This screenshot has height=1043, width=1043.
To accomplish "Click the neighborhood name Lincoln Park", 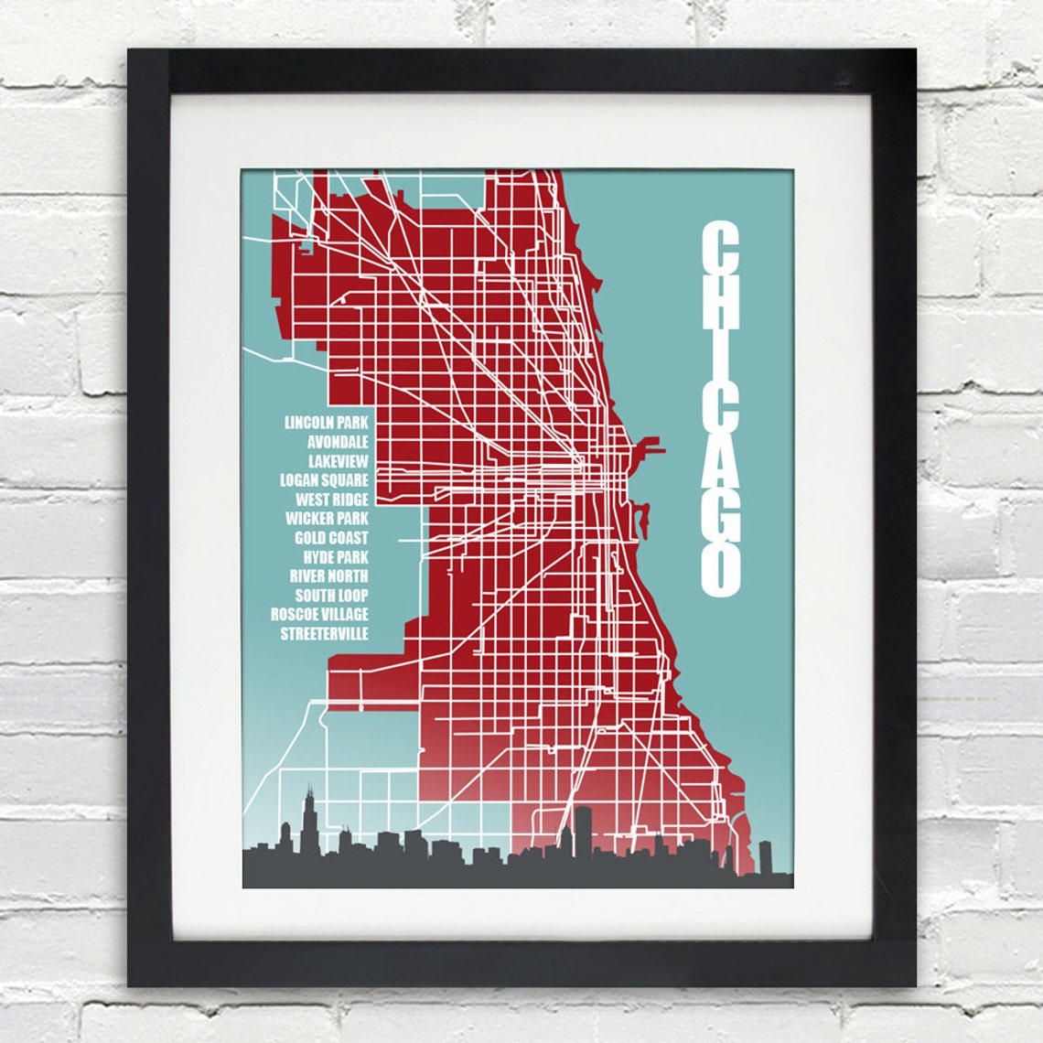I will pyautogui.click(x=327, y=423).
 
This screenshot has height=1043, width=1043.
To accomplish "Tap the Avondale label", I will pyautogui.click(x=339, y=442).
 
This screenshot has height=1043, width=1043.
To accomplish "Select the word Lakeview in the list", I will pyautogui.click(x=339, y=461).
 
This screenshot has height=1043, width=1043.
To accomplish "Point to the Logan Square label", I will pyautogui.click(x=325, y=480).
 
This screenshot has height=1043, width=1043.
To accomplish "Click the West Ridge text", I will pyautogui.click(x=332, y=500).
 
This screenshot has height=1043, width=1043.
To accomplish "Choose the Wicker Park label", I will pyautogui.click(x=328, y=519).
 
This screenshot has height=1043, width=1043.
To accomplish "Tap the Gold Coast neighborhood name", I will pyautogui.click(x=332, y=538).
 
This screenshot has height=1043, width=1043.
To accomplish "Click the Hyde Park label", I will pyautogui.click(x=337, y=557).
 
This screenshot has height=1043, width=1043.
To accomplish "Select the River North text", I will pyautogui.click(x=329, y=576).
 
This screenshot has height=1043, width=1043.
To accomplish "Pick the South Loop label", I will pyautogui.click(x=332, y=596).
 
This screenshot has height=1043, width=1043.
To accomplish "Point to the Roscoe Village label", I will pyautogui.click(x=320, y=614).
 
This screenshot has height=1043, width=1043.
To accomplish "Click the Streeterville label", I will pyautogui.click(x=325, y=633).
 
